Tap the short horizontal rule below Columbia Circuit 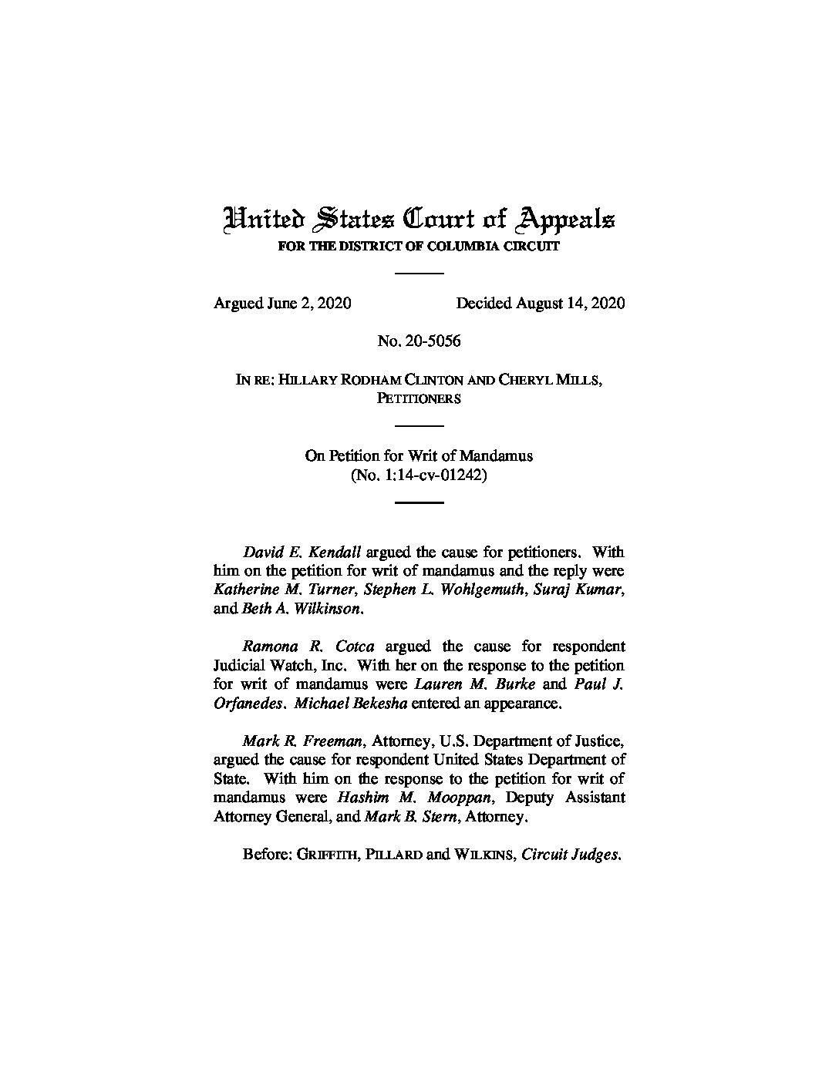tap(419, 272)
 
